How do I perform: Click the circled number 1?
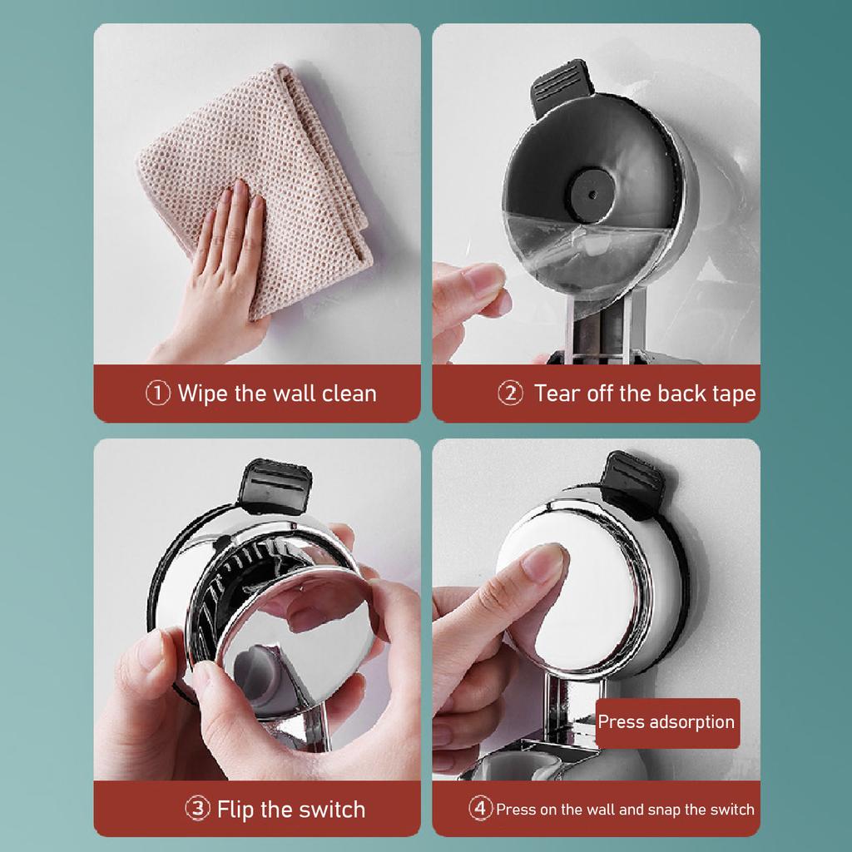(x=158, y=394)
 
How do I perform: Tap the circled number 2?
(x=510, y=394)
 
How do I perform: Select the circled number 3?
(x=197, y=809)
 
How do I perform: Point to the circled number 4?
(x=479, y=809)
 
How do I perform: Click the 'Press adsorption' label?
(x=666, y=722)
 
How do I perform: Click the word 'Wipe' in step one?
(x=203, y=394)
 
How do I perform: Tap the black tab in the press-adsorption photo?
(x=636, y=479)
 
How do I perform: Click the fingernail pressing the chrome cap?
(x=545, y=564)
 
